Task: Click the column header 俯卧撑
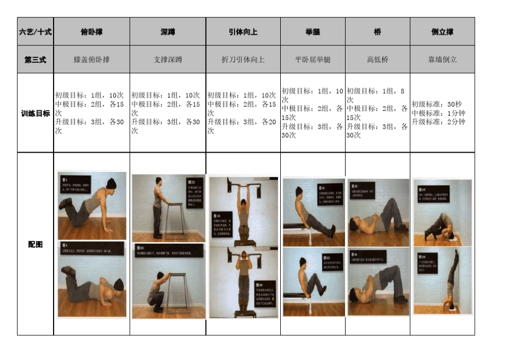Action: click(x=92, y=32)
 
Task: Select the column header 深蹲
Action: click(x=168, y=32)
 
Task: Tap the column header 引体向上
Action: click(x=243, y=32)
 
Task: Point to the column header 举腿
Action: click(x=312, y=32)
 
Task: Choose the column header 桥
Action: click(x=377, y=32)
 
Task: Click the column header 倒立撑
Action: click(x=442, y=32)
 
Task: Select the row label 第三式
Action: click(x=35, y=59)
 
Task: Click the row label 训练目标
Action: click(x=35, y=113)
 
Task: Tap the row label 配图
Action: click(x=35, y=244)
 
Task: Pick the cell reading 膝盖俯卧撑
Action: click(x=92, y=59)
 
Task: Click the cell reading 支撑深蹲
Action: click(x=168, y=59)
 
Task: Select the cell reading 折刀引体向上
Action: click(x=243, y=59)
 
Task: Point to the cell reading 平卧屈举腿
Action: click(x=312, y=59)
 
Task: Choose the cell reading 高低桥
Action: click(x=377, y=59)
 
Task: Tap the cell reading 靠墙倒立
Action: click(x=442, y=59)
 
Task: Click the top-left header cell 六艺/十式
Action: click(x=35, y=32)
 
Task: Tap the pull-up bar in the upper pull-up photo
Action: click(x=244, y=186)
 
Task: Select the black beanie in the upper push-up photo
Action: click(x=110, y=184)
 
